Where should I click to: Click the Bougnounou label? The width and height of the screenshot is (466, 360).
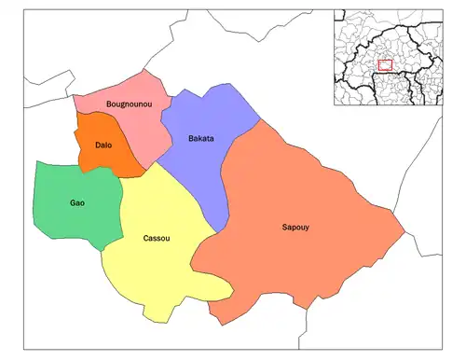click(x=124, y=103)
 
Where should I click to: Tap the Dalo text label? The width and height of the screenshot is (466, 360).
click(x=105, y=145)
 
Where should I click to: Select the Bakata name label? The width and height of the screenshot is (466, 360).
click(x=200, y=139)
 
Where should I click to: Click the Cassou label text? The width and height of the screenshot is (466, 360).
click(x=157, y=238)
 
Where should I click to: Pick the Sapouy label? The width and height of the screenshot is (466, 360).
click(x=296, y=228)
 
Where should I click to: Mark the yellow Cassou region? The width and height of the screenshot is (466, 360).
click(x=154, y=270)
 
